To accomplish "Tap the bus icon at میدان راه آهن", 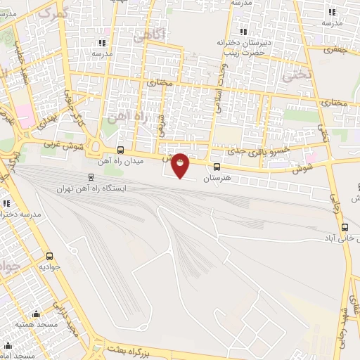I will pos(120,150).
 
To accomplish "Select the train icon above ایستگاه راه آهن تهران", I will pos(91,177).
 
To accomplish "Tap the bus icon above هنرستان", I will pos(216,167).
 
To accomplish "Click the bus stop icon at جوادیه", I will pos(49,256).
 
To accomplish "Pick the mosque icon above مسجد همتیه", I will pos(36,314).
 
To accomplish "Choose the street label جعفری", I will pos(335,50).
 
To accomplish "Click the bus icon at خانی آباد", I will pos(344,227).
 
